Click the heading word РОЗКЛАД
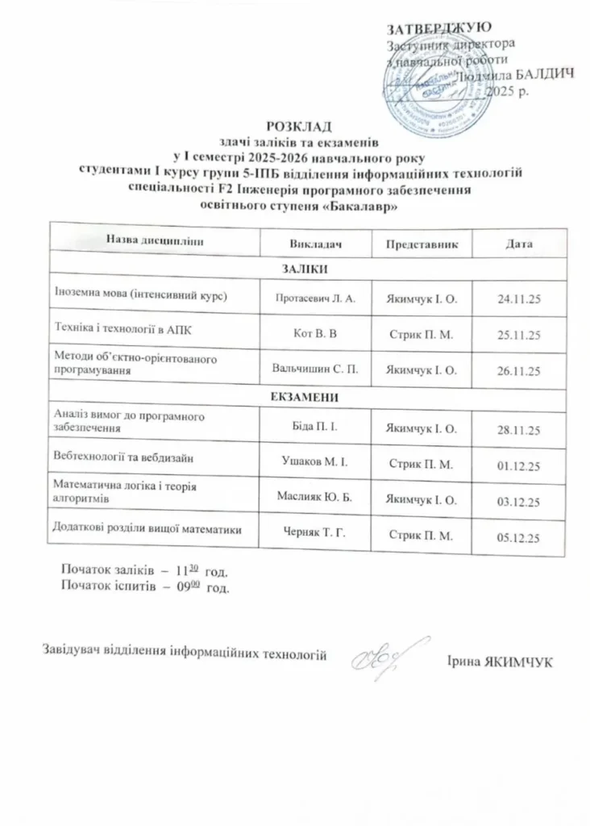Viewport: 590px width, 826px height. (x=299, y=125)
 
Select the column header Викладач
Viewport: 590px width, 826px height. (x=316, y=243)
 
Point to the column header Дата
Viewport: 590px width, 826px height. (x=519, y=243)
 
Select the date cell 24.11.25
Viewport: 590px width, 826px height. (x=519, y=299)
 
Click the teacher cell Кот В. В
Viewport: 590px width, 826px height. (x=316, y=332)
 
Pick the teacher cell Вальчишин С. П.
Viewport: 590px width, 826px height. (x=316, y=368)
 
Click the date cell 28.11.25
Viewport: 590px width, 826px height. (x=519, y=429)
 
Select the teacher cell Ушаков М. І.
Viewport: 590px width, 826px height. (x=316, y=463)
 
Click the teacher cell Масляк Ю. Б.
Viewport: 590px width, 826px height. (x=316, y=499)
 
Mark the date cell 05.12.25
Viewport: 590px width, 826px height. (x=519, y=536)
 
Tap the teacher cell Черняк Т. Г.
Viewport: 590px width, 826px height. (x=316, y=533)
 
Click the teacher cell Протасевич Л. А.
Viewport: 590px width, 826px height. (x=316, y=298)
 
